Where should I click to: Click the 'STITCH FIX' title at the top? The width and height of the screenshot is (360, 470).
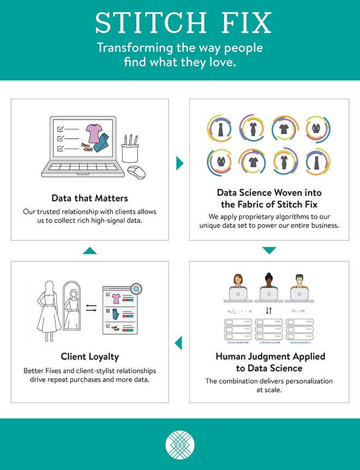[183, 23]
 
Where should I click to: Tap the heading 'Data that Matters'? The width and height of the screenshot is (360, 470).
[89, 198]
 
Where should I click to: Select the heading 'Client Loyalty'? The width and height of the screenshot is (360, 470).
[89, 356]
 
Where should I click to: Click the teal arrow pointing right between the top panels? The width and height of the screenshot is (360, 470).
[179, 163]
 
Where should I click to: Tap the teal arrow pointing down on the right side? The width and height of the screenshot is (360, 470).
[269, 251]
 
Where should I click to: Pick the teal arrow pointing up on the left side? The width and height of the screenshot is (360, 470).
[89, 251]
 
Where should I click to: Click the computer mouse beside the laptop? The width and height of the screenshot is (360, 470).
[136, 172]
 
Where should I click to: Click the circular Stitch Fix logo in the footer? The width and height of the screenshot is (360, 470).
[180, 444]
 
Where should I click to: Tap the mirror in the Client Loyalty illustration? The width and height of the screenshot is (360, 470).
[71, 308]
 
